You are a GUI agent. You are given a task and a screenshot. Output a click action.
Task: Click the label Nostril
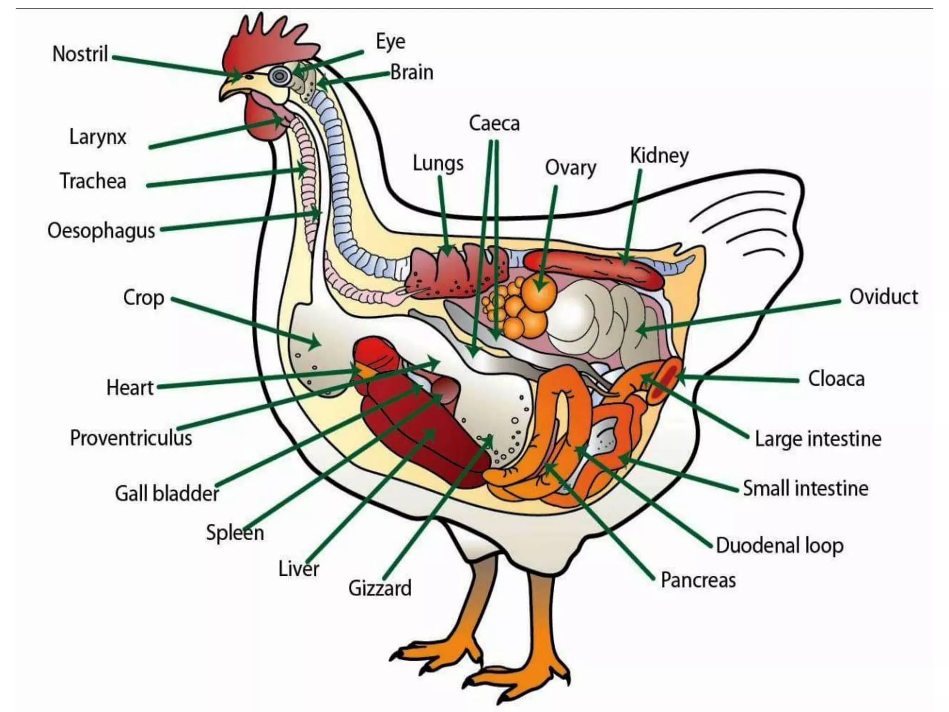tap(80, 54)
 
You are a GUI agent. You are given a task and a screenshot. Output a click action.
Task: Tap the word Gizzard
tap(380, 588)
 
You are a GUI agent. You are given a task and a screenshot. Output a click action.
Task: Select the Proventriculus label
tap(131, 438)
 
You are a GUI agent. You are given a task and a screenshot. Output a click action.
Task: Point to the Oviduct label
tap(883, 297)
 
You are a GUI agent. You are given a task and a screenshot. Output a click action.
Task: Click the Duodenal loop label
tap(779, 546)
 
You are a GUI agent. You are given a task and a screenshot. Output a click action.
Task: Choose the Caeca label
tap(494, 123)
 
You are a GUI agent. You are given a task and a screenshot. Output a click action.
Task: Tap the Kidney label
tap(659, 156)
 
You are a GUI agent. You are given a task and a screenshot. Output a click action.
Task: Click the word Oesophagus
tap(101, 231)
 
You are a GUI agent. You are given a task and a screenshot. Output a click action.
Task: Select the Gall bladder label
tap(167, 493)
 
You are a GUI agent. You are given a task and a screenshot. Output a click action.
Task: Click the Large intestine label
tap(818, 439)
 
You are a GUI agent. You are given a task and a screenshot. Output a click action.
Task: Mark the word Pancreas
tap(698, 580)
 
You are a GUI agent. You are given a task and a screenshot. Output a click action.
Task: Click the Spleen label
tap(235, 533)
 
